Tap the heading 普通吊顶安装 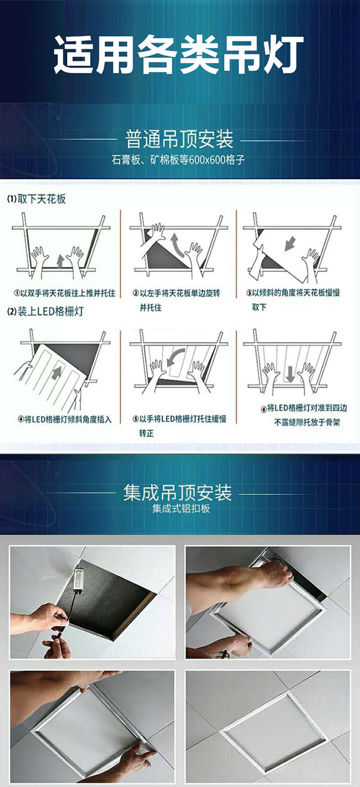(x=179, y=139)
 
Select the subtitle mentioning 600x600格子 (x=178, y=160)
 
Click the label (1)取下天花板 (x=36, y=199)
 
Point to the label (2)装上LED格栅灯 (x=46, y=311)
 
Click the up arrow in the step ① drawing (x=60, y=261)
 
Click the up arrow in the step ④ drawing (x=56, y=373)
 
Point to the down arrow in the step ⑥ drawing (x=290, y=374)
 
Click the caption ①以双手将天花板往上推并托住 (x=65, y=293)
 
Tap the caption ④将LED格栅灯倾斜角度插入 (x=65, y=420)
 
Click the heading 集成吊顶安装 (x=177, y=493)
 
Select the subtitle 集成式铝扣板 (x=181, y=509)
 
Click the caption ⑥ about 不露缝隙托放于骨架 (x=304, y=415)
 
